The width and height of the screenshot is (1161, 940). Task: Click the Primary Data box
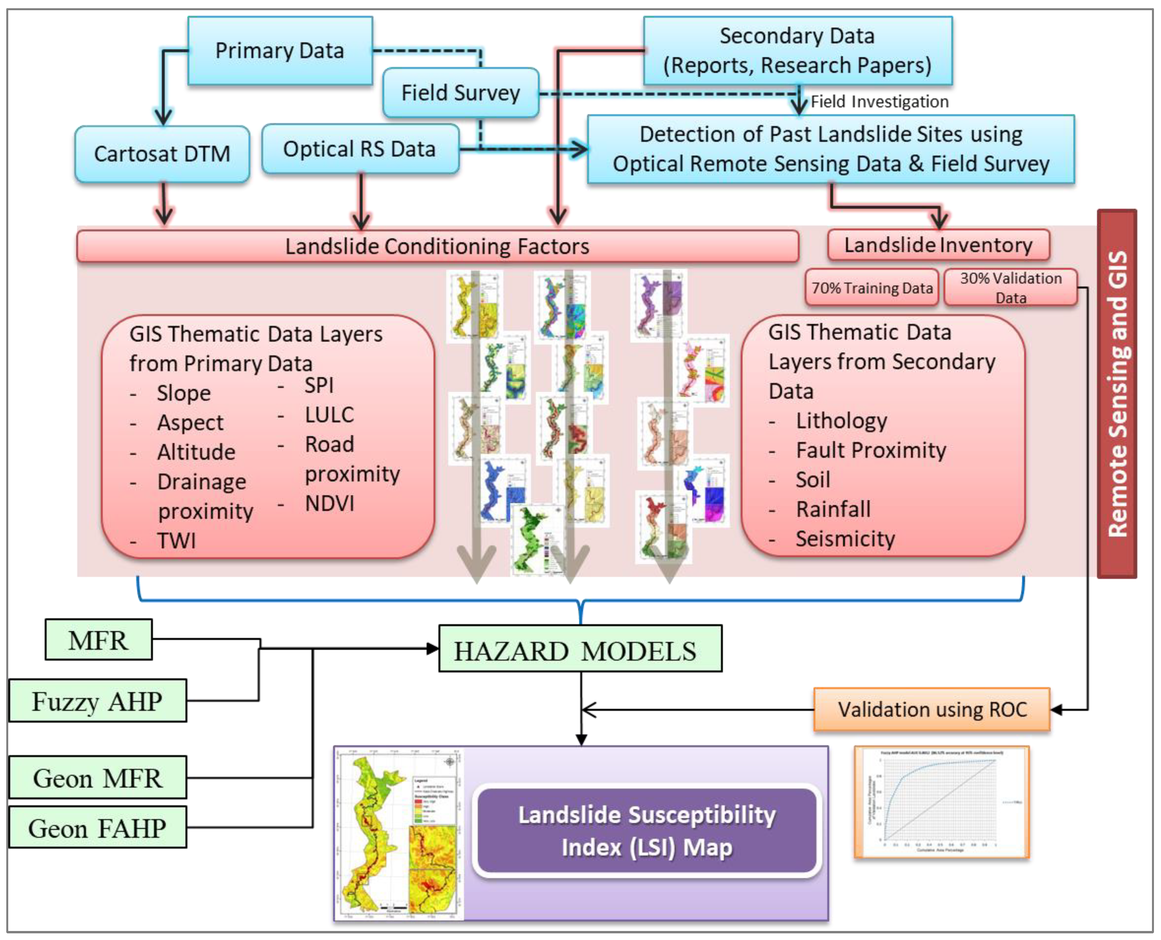coord(280,50)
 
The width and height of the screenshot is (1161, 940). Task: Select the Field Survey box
coord(460,93)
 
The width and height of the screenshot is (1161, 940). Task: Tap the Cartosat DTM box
coord(162,154)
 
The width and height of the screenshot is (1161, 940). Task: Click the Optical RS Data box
coord(360,149)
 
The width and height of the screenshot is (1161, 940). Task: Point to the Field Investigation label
coord(879,102)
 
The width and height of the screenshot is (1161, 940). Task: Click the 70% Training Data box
coord(871,288)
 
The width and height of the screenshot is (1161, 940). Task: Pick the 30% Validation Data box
coord(1010,287)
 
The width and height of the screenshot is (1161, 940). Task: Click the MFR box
coord(98,640)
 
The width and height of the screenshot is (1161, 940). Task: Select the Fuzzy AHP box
coord(98,701)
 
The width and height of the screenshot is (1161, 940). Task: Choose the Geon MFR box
coord(98,778)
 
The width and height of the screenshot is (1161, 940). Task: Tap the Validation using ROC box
coord(932,709)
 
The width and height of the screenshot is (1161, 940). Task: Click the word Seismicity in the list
coord(845,539)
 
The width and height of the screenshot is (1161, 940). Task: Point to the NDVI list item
coord(329,504)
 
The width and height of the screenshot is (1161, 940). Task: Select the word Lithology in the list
coord(841,421)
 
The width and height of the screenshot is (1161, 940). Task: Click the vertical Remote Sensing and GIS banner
coord(1117,394)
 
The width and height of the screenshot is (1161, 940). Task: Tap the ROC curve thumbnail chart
coord(941,802)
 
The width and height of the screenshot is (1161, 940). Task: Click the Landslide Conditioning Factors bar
coord(437,246)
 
